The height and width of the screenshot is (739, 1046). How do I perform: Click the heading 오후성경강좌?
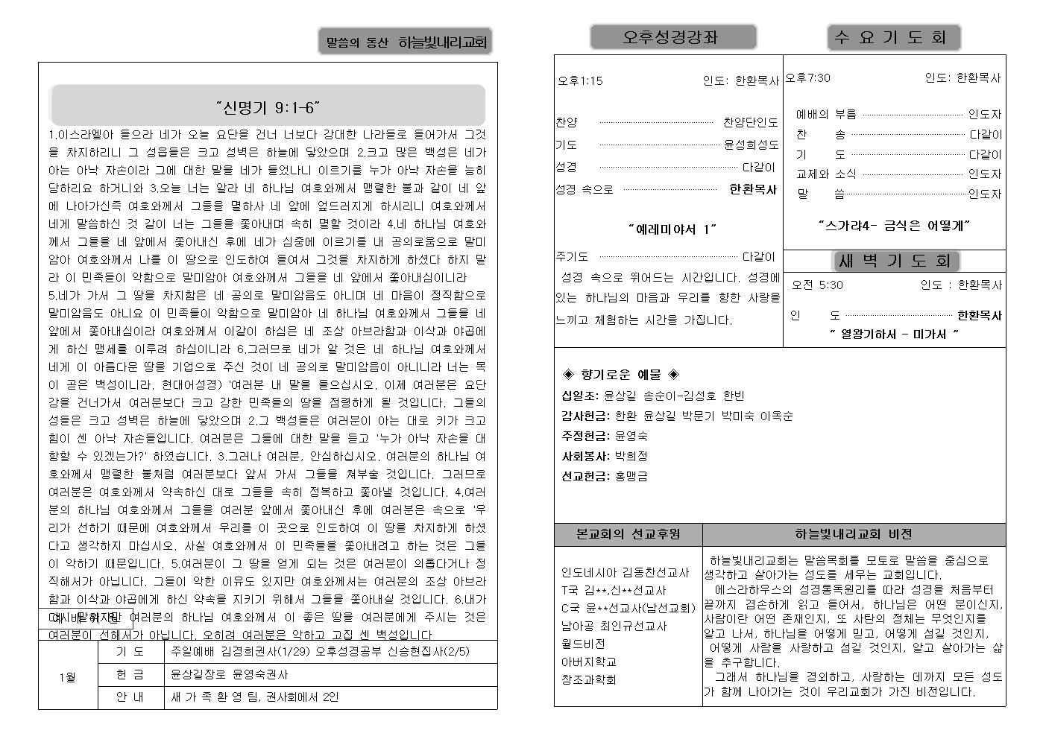click(672, 37)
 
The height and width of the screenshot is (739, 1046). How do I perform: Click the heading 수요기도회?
click(893, 37)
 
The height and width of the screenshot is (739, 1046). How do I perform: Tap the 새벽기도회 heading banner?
click(895, 261)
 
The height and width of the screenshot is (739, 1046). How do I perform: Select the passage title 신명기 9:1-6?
click(268, 107)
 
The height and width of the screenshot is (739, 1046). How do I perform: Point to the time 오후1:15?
click(580, 80)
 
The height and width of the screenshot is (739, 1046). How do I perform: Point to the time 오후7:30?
click(807, 77)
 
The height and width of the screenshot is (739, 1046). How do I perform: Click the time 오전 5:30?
click(817, 285)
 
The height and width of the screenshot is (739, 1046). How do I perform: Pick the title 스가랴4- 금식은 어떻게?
click(893, 225)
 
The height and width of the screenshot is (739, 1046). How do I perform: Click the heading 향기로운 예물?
click(620, 375)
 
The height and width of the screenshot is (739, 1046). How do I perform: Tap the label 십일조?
click(580, 396)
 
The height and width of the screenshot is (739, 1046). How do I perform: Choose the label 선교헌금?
click(585, 476)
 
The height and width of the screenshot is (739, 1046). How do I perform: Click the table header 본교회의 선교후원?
click(628, 534)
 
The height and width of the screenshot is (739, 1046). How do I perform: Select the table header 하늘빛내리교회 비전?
click(853, 534)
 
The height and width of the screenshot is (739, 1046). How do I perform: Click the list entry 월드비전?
click(583, 644)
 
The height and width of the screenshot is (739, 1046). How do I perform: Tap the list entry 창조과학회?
click(588, 679)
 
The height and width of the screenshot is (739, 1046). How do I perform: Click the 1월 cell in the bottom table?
click(67, 677)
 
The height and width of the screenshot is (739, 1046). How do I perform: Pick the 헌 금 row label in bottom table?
click(130, 674)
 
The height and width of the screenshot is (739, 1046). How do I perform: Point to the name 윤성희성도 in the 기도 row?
click(750, 145)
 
